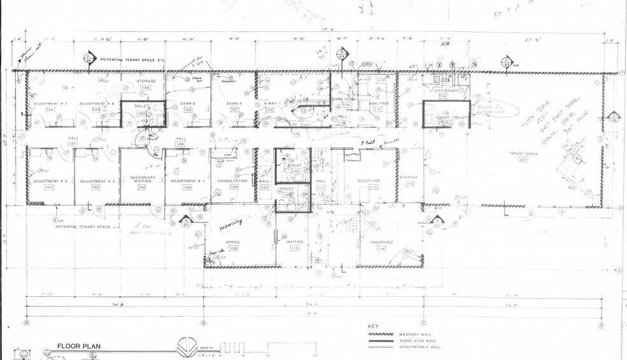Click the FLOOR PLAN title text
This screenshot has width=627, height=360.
(79, 347)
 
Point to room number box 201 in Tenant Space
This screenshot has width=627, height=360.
(523, 160)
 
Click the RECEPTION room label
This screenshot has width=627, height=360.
(368, 181)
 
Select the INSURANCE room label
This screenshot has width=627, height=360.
(381, 242)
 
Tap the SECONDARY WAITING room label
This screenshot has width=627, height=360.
(141, 179)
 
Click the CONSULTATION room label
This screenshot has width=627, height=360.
(232, 181)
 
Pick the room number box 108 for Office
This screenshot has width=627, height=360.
(233, 248)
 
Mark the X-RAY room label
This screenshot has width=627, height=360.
(269, 103)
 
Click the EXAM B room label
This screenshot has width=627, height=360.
(188, 103)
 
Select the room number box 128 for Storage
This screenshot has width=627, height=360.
(146, 88)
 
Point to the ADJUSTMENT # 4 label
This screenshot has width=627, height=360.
(50, 181)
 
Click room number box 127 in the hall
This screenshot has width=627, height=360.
(72, 144)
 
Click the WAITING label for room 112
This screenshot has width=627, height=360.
(294, 242)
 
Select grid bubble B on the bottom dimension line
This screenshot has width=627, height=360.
(203, 323)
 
